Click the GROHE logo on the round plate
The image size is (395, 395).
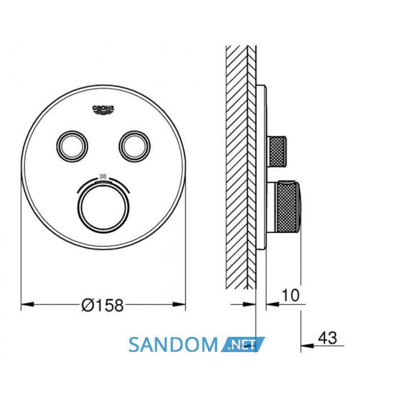point(103,110)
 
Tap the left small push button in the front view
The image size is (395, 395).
point(72,146)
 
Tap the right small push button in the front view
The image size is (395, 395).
point(134,146)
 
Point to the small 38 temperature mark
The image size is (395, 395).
point(103,177)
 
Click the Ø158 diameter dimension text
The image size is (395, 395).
point(103,305)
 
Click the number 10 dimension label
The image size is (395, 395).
point(291,295)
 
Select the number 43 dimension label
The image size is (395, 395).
point(327,338)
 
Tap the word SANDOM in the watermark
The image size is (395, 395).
point(173,345)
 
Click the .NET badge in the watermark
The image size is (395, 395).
point(243,344)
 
